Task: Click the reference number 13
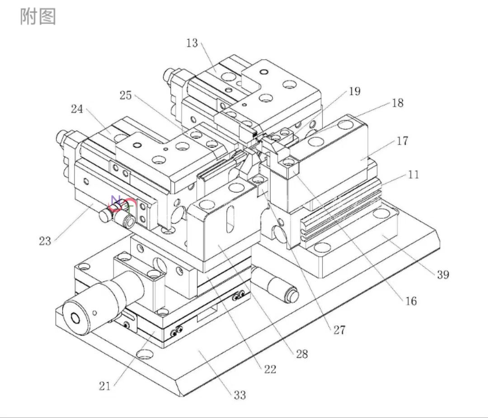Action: coord(192,43)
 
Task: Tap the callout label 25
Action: coord(127,95)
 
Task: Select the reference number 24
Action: coord(77,109)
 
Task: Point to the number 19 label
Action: coord(355,91)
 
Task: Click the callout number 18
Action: coord(397,103)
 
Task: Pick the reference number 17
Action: coord(402,141)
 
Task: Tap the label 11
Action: coord(413,174)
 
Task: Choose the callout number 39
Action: coord(443,274)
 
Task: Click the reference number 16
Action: coord(411,301)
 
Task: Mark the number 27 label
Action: coord(339,330)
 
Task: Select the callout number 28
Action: coord(301,354)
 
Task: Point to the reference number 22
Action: coord(270,369)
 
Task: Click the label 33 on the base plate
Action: coord(240,395)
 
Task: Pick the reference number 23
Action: coord(45,241)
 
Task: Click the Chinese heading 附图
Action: coord(38,17)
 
